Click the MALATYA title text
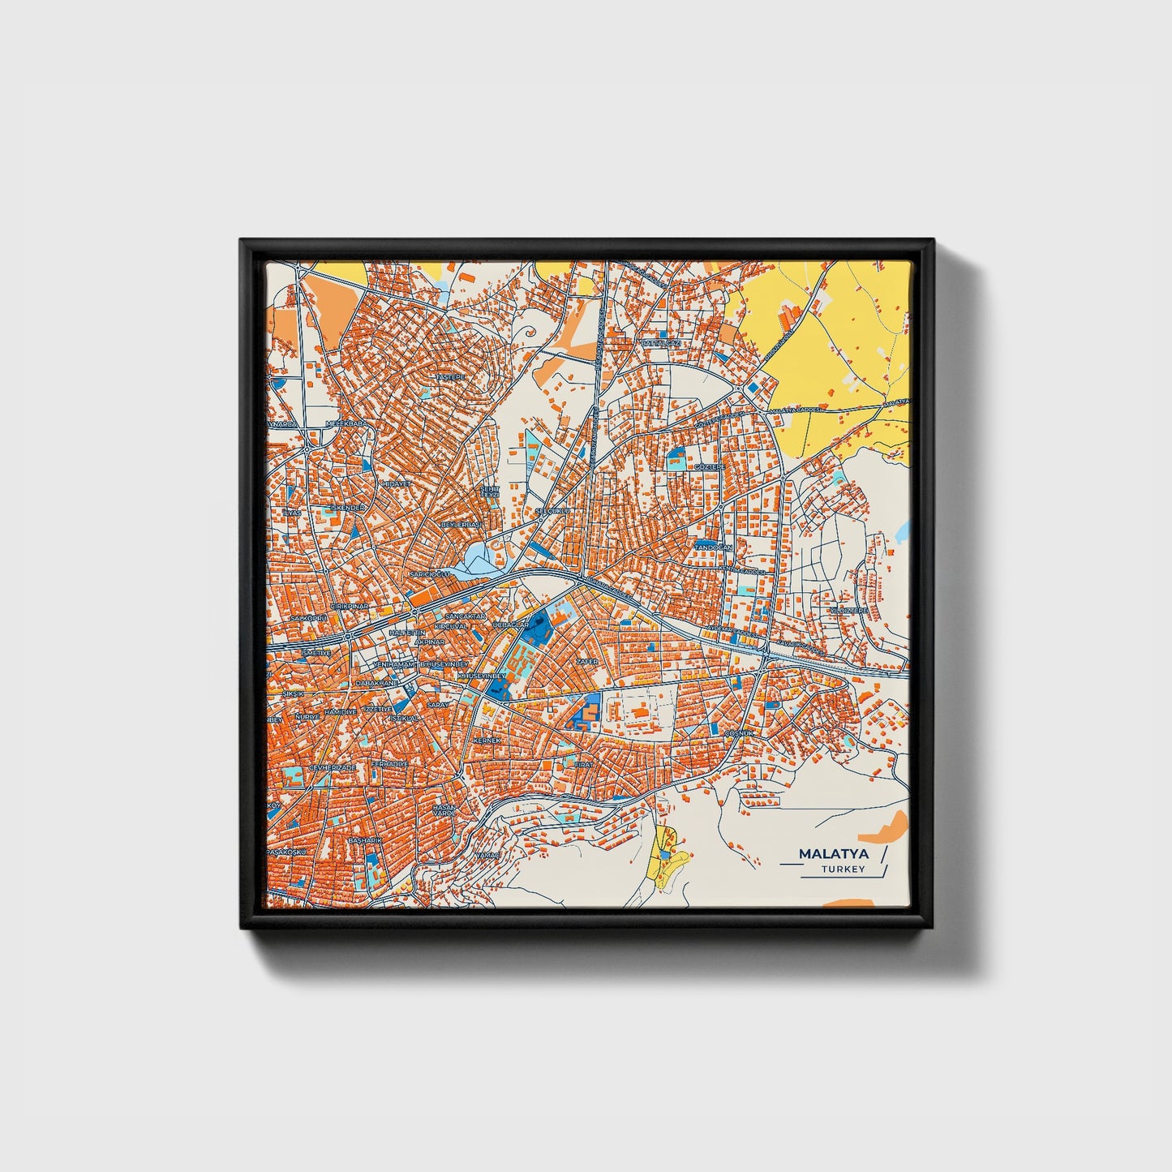(833, 854)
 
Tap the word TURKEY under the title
(843, 869)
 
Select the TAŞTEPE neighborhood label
(451, 378)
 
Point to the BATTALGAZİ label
(660, 344)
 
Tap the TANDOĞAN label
(713, 548)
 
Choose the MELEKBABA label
(346, 423)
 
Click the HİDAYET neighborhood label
(397, 483)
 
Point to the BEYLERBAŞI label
(460, 525)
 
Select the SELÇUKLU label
(552, 511)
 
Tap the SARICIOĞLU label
(430, 574)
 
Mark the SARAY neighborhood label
(438, 705)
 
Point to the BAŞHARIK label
(364, 841)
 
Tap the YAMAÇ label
(487, 855)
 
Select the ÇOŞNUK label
(739, 732)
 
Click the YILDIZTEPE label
(849, 610)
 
